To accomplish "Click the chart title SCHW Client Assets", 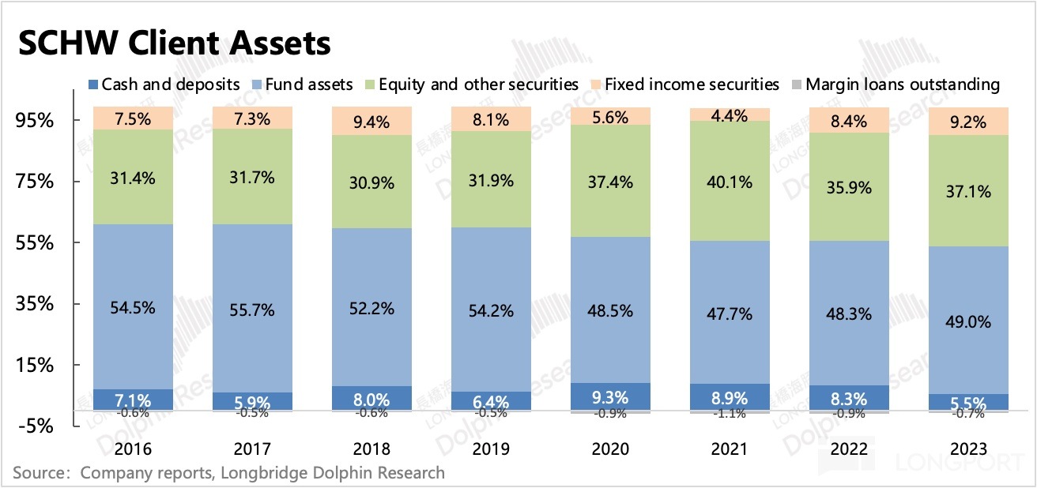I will pos(174,43).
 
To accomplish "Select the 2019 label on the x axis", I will pos(491,449).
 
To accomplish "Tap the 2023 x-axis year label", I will pos(968,449).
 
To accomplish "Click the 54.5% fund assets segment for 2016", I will pos(133,306).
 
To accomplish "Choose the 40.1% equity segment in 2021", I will pos(730,182).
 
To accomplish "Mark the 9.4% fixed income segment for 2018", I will pos(371,122).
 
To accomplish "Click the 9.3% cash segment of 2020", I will pos(610,396).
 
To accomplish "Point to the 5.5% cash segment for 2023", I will pos(968,402).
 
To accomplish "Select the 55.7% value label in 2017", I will pos(252,310).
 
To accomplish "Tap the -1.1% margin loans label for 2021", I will pos(730,413).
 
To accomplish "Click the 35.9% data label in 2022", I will pos(849,188).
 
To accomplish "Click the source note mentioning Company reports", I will pos(229,474).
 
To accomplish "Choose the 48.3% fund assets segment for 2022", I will pos(849,314).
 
